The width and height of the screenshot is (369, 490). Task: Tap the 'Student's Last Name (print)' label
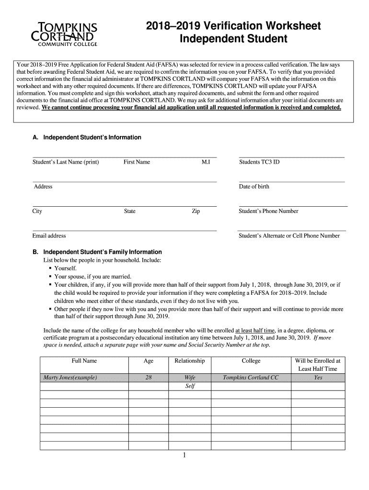[x=66, y=162]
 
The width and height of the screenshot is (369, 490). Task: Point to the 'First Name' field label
[x=137, y=162]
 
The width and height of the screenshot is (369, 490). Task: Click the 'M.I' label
[x=206, y=162]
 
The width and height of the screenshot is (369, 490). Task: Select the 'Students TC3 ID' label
[x=259, y=162]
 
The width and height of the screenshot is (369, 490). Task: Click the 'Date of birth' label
[x=254, y=187]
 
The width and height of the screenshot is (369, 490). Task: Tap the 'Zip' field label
[x=196, y=211]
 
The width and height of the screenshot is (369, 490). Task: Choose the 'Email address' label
[x=49, y=235]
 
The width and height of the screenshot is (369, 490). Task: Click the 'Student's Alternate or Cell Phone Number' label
[x=289, y=235]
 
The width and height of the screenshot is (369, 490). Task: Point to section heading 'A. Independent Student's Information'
[x=87, y=137]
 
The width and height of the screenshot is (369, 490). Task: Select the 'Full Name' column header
[x=84, y=361]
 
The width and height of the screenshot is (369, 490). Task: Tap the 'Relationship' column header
[x=189, y=361]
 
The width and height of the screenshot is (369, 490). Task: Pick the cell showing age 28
[x=149, y=378]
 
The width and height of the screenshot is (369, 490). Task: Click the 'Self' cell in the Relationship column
[x=189, y=386]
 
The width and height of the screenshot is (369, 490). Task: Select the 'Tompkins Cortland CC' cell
[x=251, y=378]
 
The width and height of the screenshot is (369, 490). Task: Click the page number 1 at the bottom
[x=184, y=456]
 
